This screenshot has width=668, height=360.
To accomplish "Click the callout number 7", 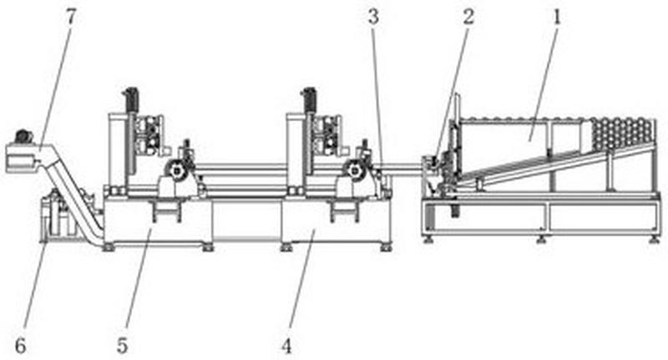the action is [70, 17].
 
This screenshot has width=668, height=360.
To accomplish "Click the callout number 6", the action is [20, 346].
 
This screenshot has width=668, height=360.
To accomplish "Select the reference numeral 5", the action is [122, 346].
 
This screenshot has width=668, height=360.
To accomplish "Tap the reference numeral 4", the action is [286, 346].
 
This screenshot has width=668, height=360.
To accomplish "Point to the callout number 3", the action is [373, 18].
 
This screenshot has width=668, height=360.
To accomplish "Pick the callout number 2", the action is [468, 17].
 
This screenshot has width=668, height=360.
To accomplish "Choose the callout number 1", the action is [557, 17].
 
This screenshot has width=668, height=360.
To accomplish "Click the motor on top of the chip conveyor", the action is [24, 137].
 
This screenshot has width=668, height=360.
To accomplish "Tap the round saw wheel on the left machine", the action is [175, 171].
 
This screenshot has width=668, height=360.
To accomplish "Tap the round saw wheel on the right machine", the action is [353, 171].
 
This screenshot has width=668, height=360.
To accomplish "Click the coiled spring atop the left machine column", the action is [132, 99].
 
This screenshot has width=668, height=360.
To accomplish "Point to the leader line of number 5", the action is [136, 282].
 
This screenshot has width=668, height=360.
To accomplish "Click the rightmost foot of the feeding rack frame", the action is [653, 240].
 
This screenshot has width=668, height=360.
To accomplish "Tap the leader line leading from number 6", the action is [35, 288].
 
